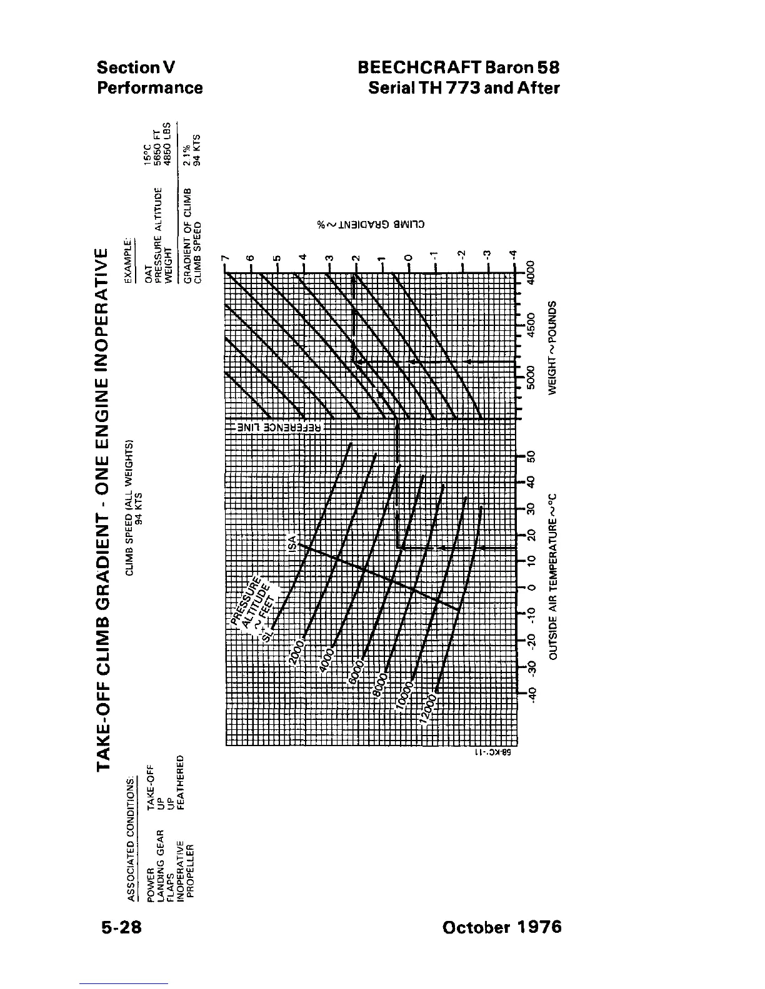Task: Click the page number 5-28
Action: click(x=119, y=927)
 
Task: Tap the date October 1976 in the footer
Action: click(x=501, y=927)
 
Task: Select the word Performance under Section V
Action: click(x=149, y=87)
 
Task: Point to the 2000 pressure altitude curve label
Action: click(x=297, y=652)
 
